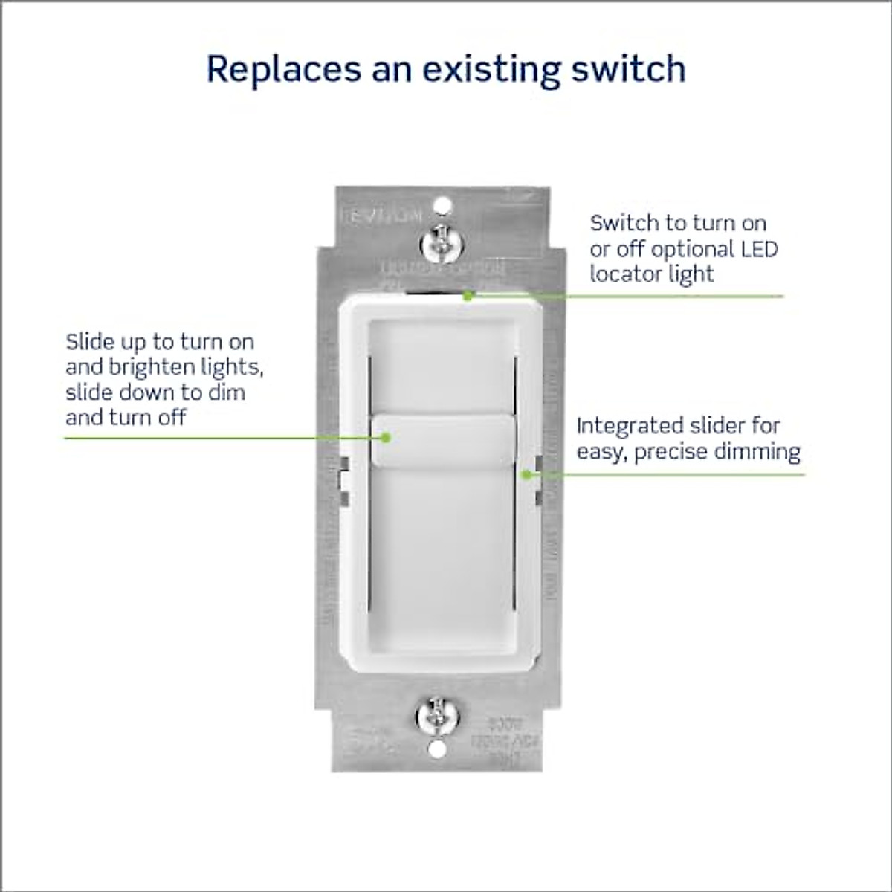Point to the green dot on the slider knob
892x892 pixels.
click(387, 438)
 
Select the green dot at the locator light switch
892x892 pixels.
click(468, 295)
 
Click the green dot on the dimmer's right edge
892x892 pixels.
click(526, 474)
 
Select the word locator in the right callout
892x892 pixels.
click(625, 274)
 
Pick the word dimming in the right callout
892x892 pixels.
click(762, 451)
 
